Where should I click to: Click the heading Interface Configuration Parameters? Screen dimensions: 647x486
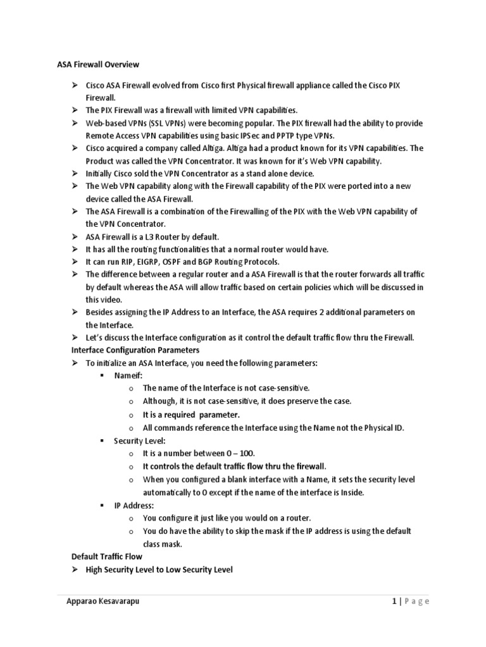[135, 349]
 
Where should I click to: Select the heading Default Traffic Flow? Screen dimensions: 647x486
[106, 557]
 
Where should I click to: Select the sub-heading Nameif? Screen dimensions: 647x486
[128, 375]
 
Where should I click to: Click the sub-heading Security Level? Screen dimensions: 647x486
[140, 440]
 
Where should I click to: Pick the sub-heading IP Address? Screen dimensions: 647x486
[134, 505]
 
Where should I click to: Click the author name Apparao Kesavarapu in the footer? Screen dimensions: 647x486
[103, 602]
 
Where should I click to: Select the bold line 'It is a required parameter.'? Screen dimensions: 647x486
[191, 414]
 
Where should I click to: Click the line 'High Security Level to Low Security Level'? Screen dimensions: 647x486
[159, 569]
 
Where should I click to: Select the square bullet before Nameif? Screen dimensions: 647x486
[101, 375]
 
